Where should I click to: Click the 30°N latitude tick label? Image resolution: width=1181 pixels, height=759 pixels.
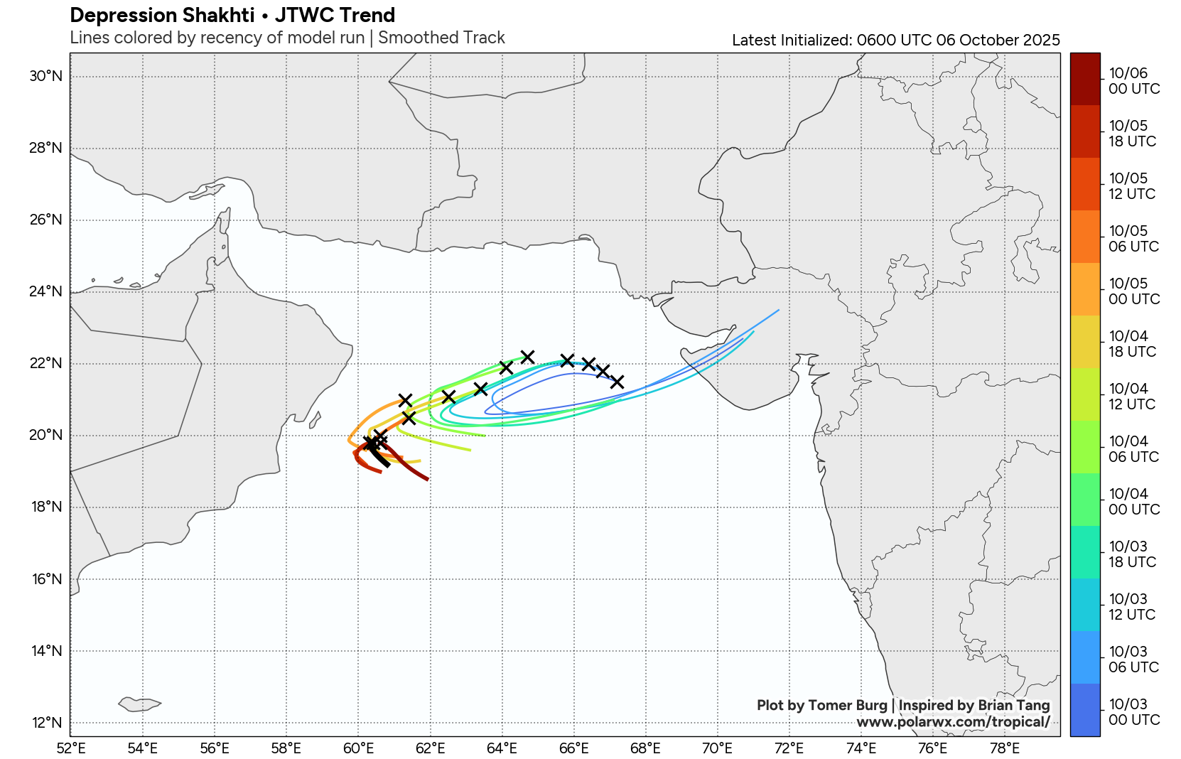coord(46,76)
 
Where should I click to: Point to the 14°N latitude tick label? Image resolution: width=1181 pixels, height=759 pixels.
coord(46,651)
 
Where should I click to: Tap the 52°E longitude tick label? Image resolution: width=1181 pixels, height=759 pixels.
coord(70,748)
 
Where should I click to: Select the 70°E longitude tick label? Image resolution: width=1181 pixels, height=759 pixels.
coord(717,748)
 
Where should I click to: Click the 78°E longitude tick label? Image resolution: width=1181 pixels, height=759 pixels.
coord(1005,748)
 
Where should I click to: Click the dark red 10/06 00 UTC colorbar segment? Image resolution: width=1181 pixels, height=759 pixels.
coord(1084,79)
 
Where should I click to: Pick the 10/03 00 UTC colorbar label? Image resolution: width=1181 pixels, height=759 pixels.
coord(1133,712)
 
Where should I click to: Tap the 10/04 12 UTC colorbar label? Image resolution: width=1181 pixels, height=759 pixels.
coord(1132,397)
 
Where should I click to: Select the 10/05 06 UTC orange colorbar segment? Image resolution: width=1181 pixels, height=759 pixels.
coord(1084,237)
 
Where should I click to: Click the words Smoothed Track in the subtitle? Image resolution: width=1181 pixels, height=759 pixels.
coord(441,38)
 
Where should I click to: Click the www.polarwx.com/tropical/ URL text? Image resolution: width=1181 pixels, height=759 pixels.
coord(953,722)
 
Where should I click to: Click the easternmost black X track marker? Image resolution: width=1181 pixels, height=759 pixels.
coord(617,382)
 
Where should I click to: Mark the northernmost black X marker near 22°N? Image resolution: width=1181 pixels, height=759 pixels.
coord(527,356)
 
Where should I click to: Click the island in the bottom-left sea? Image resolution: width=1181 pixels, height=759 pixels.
coord(139,704)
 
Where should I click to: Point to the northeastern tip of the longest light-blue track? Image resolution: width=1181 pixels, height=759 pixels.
coord(779,310)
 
